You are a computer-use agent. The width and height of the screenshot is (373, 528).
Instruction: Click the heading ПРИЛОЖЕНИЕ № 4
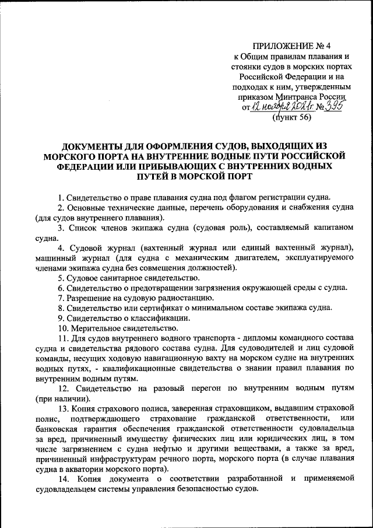[x=290, y=46]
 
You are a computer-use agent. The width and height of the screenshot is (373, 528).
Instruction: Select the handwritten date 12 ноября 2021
[x=277, y=107]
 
